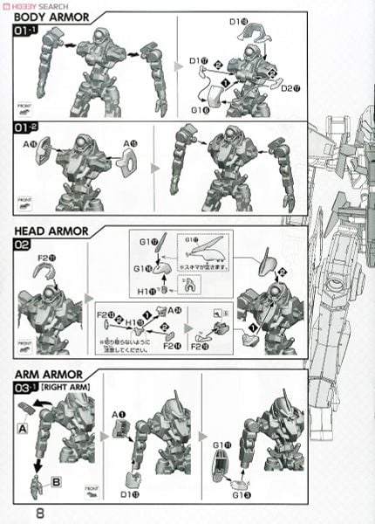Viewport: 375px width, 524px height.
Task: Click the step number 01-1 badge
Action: (28, 32)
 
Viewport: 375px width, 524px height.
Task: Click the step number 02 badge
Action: (24, 246)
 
